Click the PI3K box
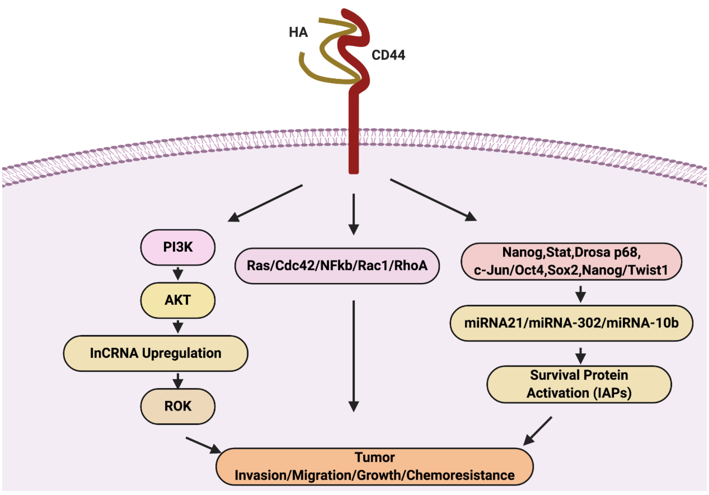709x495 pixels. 177,247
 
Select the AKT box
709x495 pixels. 177,300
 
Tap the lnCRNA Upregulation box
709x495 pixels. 155,353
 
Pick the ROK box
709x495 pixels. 177,406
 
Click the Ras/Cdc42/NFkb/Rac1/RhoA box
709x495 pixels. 337,266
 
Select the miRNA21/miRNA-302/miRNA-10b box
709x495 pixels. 571,323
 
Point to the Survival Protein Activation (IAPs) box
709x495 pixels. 579,384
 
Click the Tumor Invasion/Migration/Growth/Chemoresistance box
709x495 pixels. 374,467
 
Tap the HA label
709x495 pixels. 298,32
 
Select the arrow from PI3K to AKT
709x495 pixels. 178,274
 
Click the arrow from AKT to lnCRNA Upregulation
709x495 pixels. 178,327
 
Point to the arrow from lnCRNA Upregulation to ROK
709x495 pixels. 178,380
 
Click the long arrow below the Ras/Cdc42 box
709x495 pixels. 353,355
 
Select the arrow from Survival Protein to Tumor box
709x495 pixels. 538,431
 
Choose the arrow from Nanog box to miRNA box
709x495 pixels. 581,294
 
